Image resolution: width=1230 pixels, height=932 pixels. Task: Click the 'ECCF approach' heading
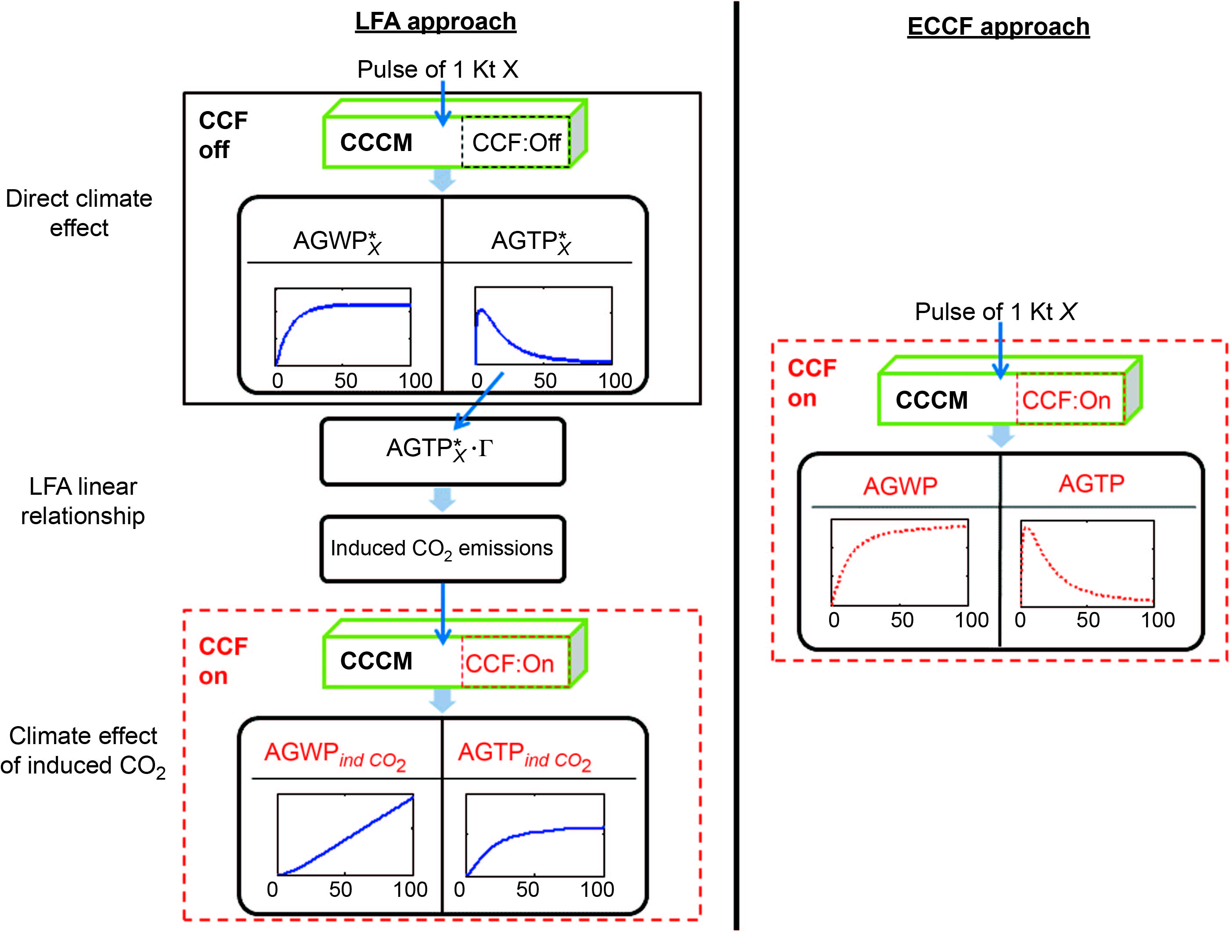click(998, 27)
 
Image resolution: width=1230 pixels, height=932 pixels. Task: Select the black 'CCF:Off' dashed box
click(516, 142)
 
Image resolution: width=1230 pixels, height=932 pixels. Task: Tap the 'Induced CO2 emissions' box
click(442, 548)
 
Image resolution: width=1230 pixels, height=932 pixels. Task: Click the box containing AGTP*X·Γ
click(442, 451)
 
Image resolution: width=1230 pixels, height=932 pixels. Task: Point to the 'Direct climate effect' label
click(79, 213)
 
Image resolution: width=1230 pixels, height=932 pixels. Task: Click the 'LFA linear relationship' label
click(83, 501)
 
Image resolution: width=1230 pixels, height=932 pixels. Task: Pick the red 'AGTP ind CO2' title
click(524, 755)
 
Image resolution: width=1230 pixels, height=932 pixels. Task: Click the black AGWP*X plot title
click(337, 242)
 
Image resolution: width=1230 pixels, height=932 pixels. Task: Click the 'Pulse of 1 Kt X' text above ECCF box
click(996, 312)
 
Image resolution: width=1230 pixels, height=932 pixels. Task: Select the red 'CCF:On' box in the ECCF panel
click(1066, 400)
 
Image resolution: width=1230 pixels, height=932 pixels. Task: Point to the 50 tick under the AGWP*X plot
click(345, 381)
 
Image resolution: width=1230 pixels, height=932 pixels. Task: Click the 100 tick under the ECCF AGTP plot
click(1158, 620)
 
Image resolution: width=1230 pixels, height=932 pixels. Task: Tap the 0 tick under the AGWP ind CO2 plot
click(272, 889)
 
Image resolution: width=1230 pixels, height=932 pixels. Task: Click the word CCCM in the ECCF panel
click(931, 400)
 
